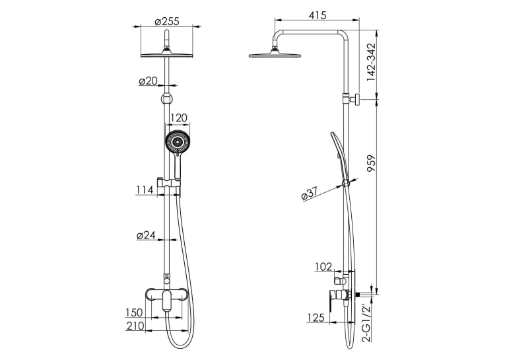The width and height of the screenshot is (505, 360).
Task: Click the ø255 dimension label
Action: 166,22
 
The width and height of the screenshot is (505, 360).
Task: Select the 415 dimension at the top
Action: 318,15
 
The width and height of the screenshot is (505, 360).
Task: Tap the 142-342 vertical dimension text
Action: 371,62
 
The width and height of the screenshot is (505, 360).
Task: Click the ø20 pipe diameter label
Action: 148,81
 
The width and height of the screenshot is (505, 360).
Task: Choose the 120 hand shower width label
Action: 178,118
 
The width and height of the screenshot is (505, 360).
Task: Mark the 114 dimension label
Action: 144,190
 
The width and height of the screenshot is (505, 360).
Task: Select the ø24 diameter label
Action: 146,235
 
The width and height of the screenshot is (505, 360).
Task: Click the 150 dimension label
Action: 134,312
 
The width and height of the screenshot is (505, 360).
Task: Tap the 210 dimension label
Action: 135,326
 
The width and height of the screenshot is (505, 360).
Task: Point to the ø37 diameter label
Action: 310,194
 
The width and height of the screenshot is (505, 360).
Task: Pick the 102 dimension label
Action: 323,267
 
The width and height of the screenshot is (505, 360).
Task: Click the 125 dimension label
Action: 316,318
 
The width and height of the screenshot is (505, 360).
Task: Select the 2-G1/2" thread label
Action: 367,322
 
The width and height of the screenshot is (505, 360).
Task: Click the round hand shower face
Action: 177,141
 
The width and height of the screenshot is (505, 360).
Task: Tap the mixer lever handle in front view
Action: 167,301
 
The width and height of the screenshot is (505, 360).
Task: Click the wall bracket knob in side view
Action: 356,99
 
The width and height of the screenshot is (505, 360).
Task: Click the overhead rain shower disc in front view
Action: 166,55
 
